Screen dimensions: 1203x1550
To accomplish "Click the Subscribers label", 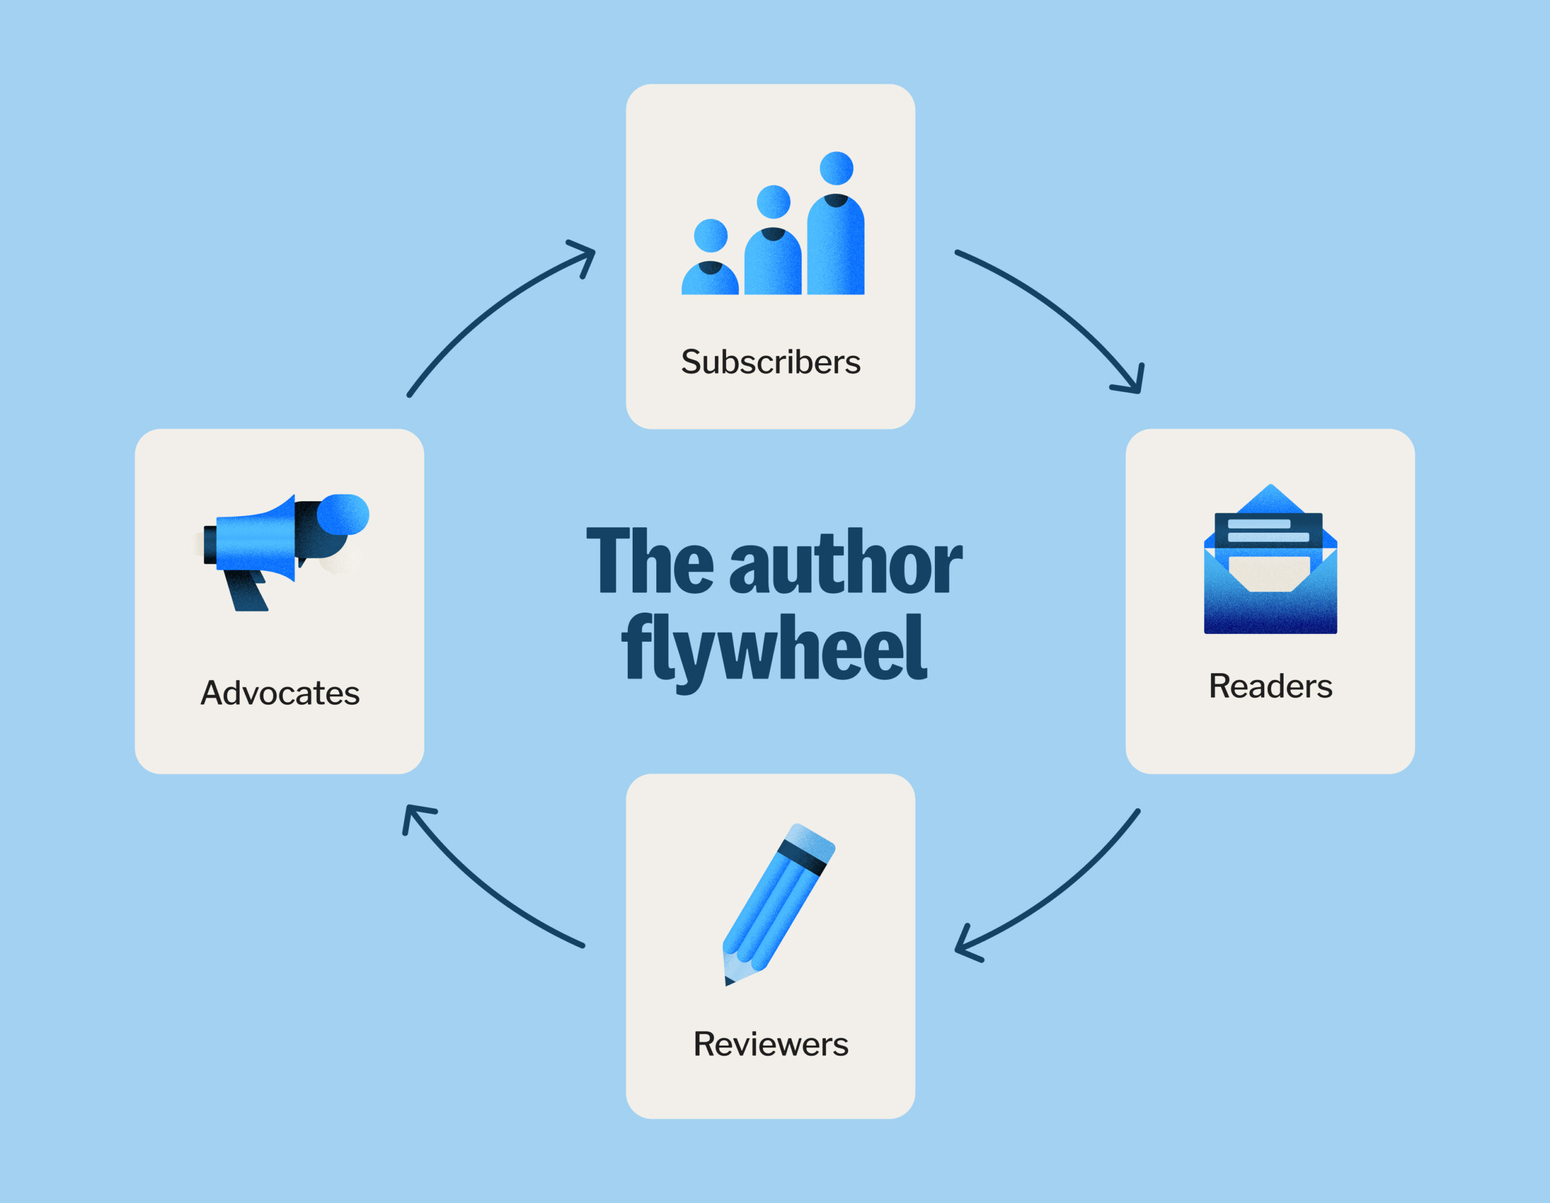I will (771, 362).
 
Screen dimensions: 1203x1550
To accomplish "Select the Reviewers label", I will (771, 1044).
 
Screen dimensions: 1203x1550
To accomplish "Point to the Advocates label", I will (280, 693).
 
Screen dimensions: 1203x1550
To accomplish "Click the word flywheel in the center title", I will (774, 647).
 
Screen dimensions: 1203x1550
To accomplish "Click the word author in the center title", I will (845, 562).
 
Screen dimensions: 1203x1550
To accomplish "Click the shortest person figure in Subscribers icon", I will (710, 263).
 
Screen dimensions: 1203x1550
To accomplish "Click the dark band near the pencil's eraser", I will (803, 857).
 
